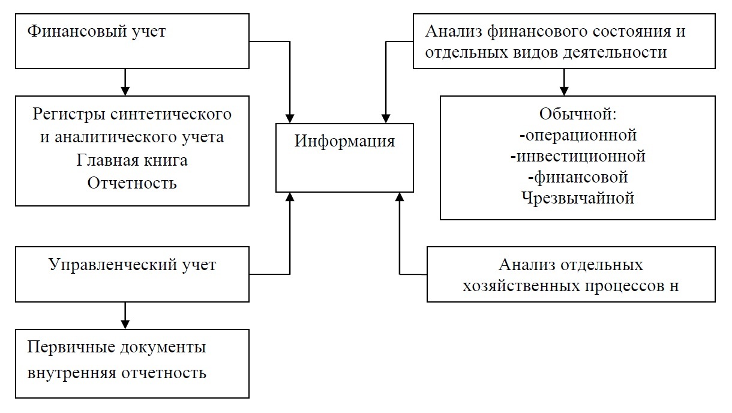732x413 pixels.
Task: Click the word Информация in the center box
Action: point(344,142)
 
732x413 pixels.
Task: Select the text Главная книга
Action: point(132,160)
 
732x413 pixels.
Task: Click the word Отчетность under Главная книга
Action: point(132,182)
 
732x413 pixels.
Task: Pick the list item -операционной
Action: point(578,134)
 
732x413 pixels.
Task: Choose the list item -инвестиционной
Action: point(578,156)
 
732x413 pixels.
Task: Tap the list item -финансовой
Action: point(578,177)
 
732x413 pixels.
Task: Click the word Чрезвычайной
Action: point(578,198)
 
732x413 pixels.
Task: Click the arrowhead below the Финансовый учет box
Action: point(125,90)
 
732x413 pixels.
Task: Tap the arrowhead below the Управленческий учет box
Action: point(125,324)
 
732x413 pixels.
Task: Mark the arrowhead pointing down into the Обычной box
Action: point(563,90)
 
